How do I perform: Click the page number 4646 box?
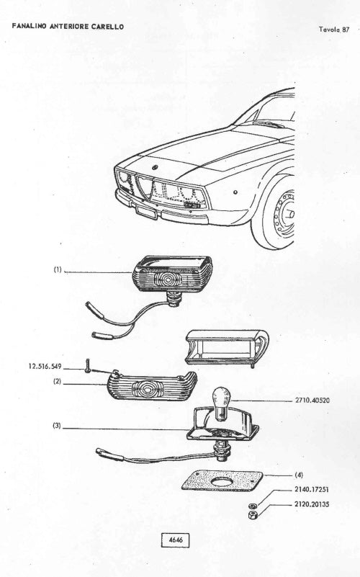coord(176,540)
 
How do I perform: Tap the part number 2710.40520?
coord(312,401)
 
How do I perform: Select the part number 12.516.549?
coord(45,367)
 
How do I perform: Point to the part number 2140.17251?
coord(312,489)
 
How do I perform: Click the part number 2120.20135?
coord(312,504)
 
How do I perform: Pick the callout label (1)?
coord(58,269)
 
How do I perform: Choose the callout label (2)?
coord(57,382)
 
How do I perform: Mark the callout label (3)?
coord(57,426)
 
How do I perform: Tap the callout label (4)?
coord(299,475)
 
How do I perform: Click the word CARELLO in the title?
coord(108,27)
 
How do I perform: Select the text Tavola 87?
coord(334,30)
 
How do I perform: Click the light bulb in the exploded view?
coord(222,403)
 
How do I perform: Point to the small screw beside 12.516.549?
coord(88,365)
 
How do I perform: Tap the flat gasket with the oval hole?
coord(222,480)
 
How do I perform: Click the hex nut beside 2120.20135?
coord(253,514)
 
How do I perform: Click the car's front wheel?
coord(279,213)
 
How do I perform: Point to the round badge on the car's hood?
coord(155,166)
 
